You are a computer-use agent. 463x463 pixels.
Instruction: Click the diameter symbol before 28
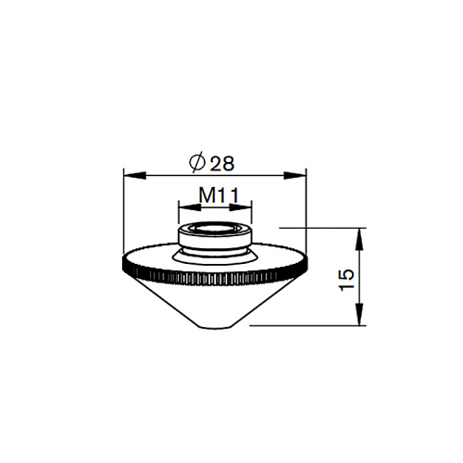point(197,162)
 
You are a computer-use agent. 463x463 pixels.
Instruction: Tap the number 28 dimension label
point(222,163)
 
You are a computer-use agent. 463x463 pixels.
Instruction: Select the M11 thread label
point(219,195)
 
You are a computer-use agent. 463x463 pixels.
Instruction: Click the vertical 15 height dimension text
point(346,280)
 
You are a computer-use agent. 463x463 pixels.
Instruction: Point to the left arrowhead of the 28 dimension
point(134,176)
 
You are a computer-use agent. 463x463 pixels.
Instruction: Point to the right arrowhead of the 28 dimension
point(295,176)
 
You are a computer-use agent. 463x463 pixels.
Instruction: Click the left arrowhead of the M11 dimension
point(190,207)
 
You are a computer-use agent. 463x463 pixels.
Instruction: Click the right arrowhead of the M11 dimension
point(241,207)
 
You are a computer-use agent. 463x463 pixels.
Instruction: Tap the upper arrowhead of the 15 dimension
point(359,239)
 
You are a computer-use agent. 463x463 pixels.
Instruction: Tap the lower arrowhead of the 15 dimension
point(359,314)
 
